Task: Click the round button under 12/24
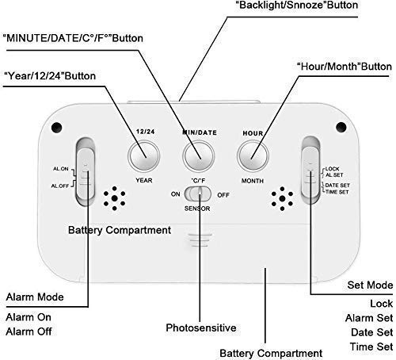point(144,156)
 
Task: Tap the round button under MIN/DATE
point(199,156)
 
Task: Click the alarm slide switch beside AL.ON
point(85,172)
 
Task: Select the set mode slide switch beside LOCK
point(310,170)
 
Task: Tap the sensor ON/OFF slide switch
point(198,194)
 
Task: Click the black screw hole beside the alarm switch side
point(56,128)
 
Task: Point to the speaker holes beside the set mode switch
point(282,198)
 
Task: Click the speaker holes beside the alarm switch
point(114,198)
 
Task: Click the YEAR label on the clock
point(144,181)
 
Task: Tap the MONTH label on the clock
point(253,181)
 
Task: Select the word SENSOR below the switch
point(197,209)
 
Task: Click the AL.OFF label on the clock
point(60,186)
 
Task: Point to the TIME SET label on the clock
point(337,192)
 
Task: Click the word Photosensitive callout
point(201,328)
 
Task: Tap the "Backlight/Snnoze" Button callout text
point(297,6)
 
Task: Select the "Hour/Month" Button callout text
point(345,67)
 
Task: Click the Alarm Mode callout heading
point(35,297)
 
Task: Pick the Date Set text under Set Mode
point(372,332)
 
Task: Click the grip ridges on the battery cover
point(200,239)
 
